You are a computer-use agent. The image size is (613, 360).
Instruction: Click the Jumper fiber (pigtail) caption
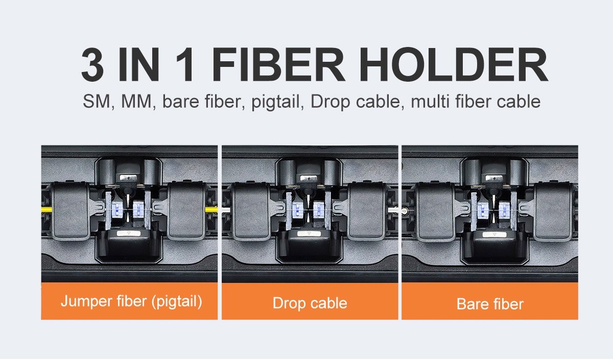(x=131, y=301)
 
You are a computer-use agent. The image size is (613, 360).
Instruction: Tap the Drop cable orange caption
(x=310, y=303)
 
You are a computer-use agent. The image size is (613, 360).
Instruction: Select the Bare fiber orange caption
(x=490, y=304)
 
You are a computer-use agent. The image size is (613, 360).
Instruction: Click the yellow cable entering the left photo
(x=46, y=210)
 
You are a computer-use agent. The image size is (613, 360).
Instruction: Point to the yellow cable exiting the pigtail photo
(x=211, y=210)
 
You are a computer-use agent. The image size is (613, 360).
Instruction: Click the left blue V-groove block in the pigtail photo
(x=117, y=209)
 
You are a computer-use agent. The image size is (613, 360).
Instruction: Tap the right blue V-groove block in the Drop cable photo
(x=319, y=210)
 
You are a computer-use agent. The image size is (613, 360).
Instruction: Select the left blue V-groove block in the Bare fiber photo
(x=483, y=210)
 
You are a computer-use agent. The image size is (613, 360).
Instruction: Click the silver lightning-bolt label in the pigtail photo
(x=128, y=178)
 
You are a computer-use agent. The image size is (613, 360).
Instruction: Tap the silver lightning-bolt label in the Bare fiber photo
(x=494, y=179)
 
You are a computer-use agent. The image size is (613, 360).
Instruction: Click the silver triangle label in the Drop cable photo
(x=309, y=234)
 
